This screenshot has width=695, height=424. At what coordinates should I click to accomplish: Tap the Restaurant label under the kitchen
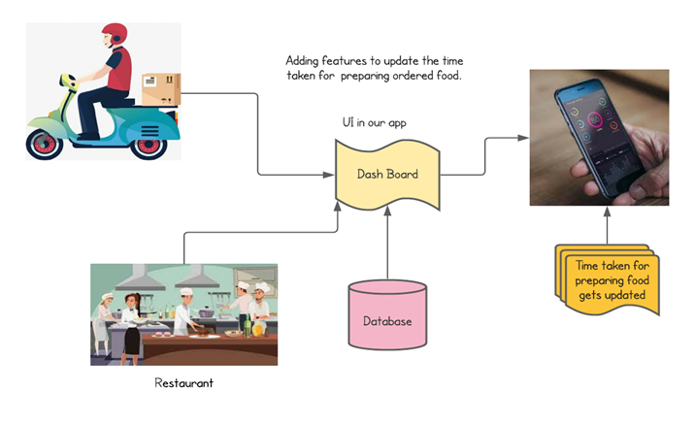tap(184, 383)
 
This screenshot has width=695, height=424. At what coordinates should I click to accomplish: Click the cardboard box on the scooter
tap(161, 90)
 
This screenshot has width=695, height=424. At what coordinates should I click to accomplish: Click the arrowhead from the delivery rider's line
tap(329, 175)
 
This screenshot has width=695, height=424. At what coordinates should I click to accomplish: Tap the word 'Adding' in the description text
tap(306, 59)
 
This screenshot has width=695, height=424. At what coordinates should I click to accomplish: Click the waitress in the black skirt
tap(130, 319)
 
